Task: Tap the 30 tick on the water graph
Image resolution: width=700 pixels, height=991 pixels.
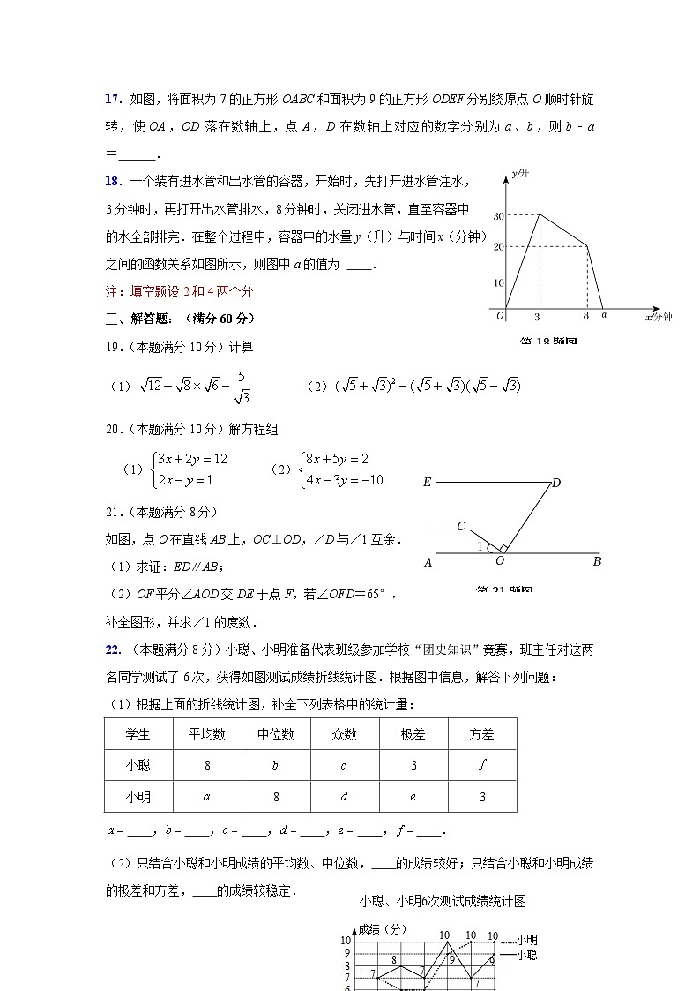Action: point(498,215)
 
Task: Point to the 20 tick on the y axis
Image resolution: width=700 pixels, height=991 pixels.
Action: point(498,247)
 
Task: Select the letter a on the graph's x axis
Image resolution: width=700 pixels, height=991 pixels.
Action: point(603,315)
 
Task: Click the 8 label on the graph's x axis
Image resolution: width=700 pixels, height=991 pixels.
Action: point(586,315)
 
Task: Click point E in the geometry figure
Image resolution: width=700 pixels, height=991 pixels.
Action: point(427,483)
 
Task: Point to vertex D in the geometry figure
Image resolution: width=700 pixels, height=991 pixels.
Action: point(556,483)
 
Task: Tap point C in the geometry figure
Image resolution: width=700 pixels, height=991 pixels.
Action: point(461,527)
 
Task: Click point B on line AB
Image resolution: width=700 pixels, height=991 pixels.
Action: point(597,561)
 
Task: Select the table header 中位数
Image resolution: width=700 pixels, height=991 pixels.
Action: point(275,734)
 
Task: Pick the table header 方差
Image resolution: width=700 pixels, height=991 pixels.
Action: point(481,734)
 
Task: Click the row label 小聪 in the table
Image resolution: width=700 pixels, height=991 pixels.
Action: point(138,765)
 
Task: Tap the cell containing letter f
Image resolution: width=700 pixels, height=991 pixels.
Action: point(481,765)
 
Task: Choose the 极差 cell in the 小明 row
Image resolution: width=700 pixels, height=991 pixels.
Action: point(413,797)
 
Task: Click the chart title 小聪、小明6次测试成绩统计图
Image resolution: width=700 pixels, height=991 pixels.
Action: point(443,901)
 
